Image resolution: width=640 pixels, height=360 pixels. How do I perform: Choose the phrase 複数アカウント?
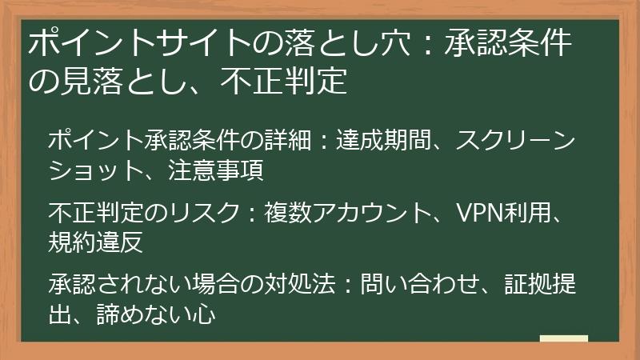pyautogui.click(x=336, y=212)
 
